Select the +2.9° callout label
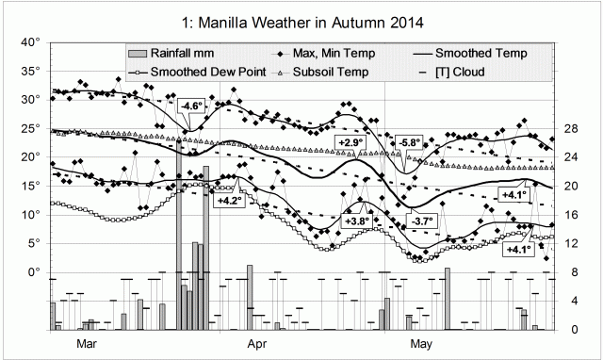point(349,141)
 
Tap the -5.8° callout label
point(410,142)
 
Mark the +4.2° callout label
point(229,200)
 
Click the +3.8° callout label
point(358,221)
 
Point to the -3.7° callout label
point(419,221)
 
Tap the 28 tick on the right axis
point(570,128)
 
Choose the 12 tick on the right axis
point(570,243)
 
